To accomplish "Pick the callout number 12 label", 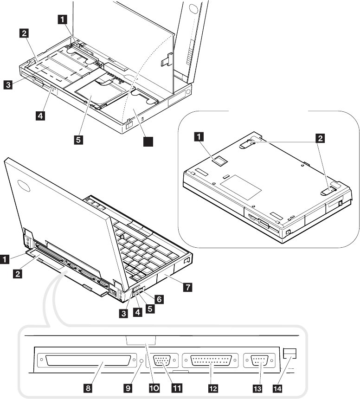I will coord(212,386).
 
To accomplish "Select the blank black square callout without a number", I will coord(148,143).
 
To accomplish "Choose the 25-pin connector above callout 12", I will coord(211,360).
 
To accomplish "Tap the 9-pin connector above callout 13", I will coord(259,360).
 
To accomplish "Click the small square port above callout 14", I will coord(290,353).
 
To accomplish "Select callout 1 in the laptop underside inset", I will coord(199,136).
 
